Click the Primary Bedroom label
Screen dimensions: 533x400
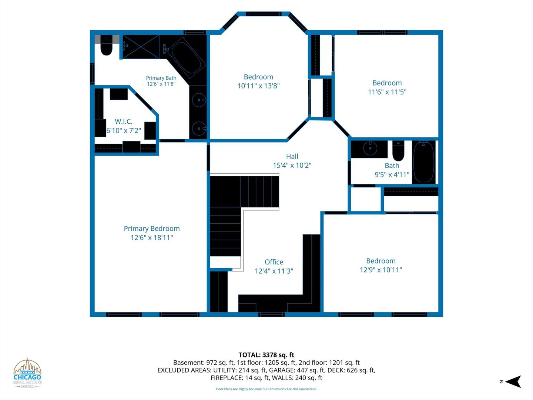click(x=152, y=229)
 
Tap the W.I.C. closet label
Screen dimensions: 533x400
click(x=124, y=121)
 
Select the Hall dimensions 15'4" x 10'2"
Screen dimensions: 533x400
click(x=292, y=166)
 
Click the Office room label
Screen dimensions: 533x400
click(x=274, y=262)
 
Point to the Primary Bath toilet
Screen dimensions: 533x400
click(x=107, y=46)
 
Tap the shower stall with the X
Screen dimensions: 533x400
click(x=141, y=47)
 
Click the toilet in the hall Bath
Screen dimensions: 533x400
click(x=398, y=151)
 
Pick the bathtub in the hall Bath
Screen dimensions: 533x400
click(x=424, y=162)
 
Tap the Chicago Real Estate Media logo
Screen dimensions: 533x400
click(x=27, y=373)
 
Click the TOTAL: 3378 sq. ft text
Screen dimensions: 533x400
click(x=266, y=355)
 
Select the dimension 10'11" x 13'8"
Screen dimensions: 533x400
click(x=258, y=86)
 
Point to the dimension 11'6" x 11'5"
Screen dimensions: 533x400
click(x=387, y=92)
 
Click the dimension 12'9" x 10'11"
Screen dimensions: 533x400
click(x=381, y=270)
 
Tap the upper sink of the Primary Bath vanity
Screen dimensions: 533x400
click(x=199, y=100)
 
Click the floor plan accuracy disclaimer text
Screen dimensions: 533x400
click(x=266, y=389)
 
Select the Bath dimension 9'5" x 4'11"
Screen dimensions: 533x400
click(x=392, y=174)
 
